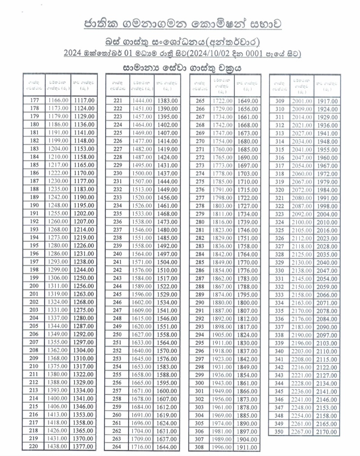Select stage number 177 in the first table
34,100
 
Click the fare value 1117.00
83,100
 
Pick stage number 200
34,286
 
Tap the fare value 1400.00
57,398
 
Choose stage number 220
34,447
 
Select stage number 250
118,334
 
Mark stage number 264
118,447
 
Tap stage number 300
200,383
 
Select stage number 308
200,447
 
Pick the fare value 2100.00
301,222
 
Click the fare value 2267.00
301,432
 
